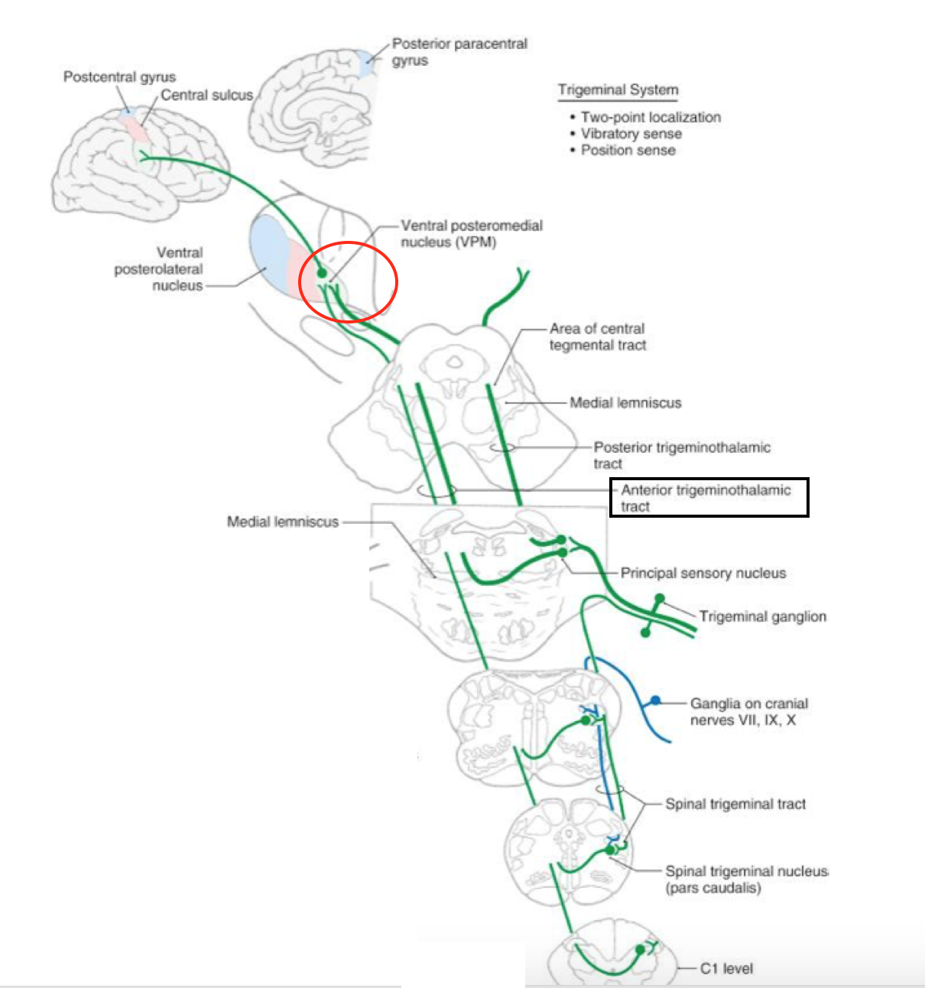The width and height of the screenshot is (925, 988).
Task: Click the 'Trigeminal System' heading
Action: tap(618, 89)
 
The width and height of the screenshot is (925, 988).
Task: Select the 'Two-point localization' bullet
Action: tap(650, 117)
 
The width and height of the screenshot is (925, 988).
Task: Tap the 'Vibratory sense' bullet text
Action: tap(631, 134)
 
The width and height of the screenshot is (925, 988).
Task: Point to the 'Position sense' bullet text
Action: tap(628, 150)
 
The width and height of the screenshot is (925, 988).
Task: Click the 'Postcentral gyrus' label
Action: tap(119, 77)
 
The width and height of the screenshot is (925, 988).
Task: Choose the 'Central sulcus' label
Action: tap(206, 96)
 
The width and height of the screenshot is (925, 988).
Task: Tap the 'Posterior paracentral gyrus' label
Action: tap(459, 52)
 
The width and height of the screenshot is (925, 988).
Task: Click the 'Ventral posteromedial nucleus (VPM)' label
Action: tap(471, 233)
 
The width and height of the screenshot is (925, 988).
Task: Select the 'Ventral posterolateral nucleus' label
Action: tap(158, 268)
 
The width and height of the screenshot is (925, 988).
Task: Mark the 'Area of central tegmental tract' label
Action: tap(597, 336)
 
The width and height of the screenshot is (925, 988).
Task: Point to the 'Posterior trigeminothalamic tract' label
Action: tap(681, 455)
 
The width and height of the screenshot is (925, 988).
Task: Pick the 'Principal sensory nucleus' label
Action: tap(703, 573)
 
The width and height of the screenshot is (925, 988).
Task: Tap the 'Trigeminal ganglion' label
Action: tap(762, 616)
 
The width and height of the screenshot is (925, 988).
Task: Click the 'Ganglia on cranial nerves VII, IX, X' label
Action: tap(748, 711)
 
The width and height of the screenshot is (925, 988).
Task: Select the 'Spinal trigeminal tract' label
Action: tap(735, 804)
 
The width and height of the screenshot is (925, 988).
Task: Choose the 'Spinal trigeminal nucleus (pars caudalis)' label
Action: tap(745, 879)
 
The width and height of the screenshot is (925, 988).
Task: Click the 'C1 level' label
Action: tap(726, 968)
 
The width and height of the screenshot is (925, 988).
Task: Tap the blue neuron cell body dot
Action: tap(655, 700)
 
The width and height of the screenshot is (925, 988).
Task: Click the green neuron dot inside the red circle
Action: tap(322, 273)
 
